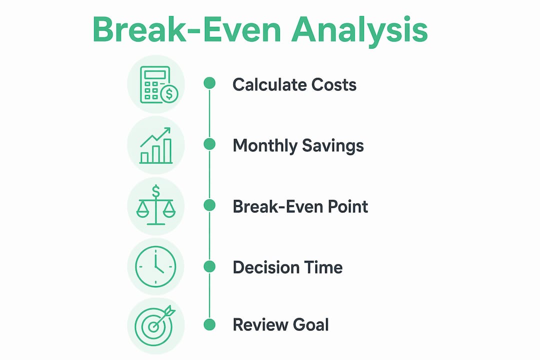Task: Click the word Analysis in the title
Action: pos(359,31)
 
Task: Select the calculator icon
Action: pos(159,84)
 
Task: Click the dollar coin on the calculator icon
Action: pos(169,93)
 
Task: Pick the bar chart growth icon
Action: pos(155,145)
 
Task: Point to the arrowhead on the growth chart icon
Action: pos(167,131)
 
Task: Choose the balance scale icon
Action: pos(156,205)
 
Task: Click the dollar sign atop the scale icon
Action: pos(156,191)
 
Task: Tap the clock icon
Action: pos(155,266)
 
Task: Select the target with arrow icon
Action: pos(154,325)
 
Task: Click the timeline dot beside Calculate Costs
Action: pos(209,83)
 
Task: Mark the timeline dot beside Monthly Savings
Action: pos(209,144)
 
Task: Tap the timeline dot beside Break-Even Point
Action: pos(209,205)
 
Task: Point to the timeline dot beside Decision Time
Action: pos(209,266)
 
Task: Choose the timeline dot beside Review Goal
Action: pos(209,324)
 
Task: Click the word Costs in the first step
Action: pos(333,84)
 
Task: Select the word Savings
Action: pos(332,146)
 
